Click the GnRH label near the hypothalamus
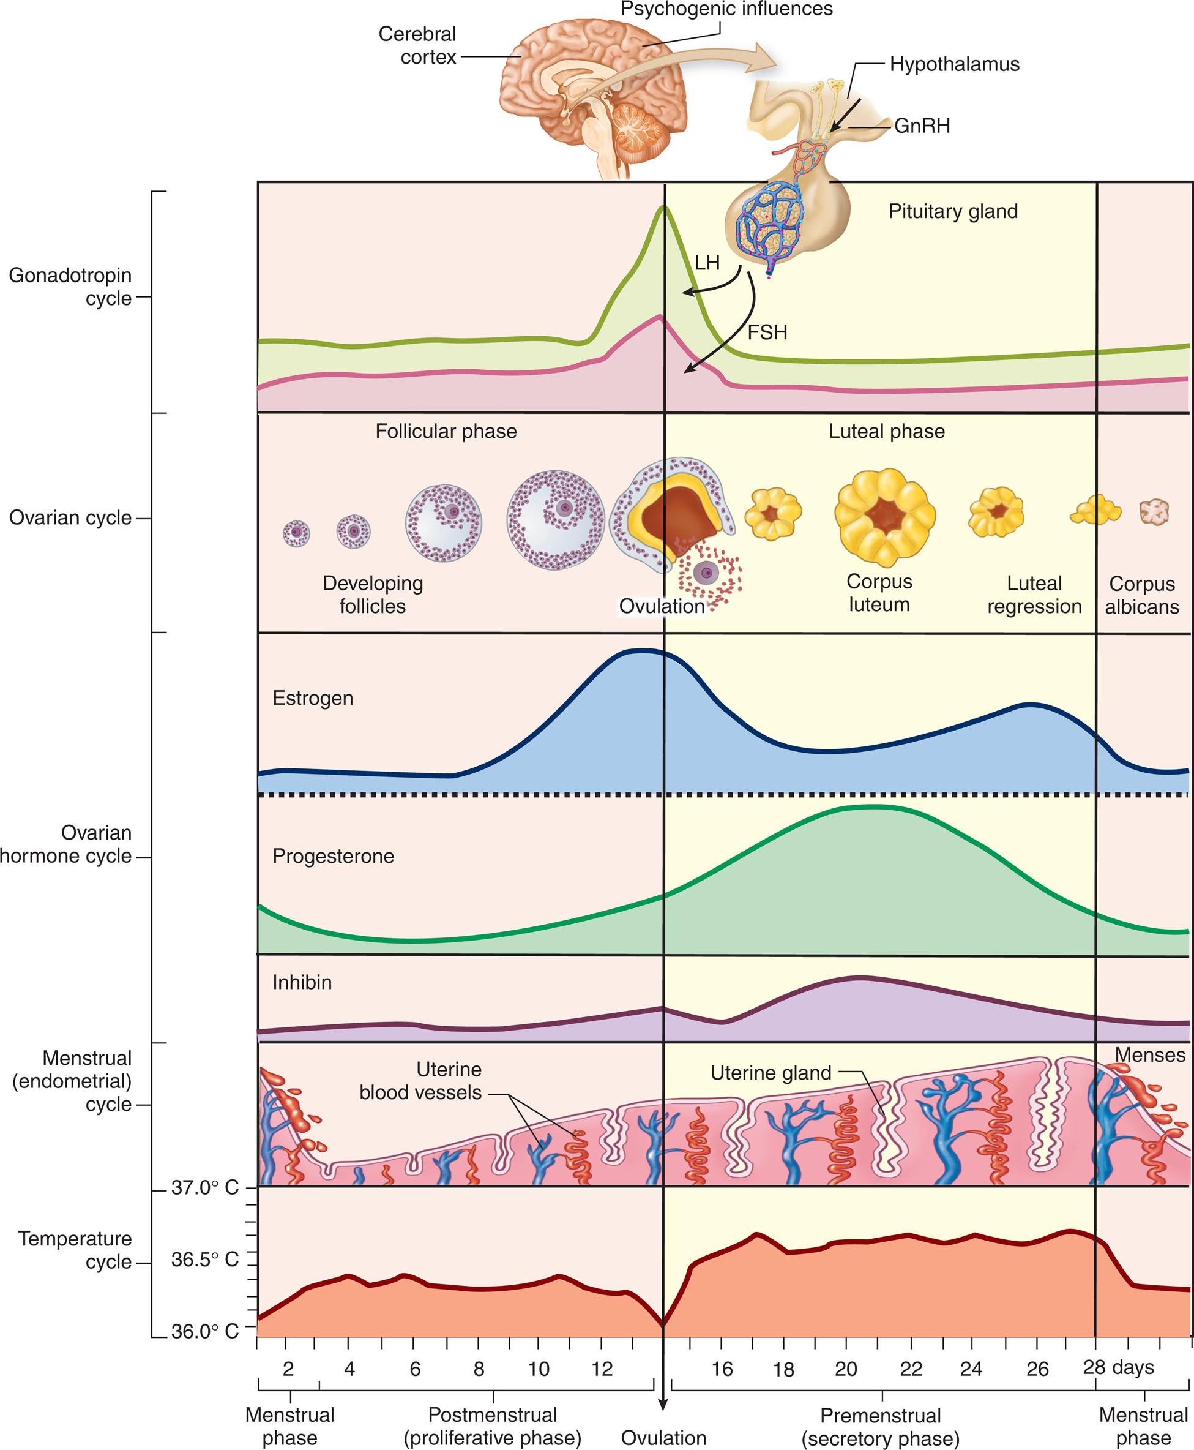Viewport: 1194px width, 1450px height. [x=922, y=126]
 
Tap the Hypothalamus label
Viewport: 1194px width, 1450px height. [x=954, y=65]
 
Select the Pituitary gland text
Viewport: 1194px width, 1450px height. [x=953, y=211]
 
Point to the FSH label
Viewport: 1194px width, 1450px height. [x=767, y=332]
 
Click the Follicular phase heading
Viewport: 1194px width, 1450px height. [x=446, y=432]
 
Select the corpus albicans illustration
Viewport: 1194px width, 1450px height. [x=1154, y=512]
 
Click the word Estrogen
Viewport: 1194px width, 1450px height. [x=313, y=698]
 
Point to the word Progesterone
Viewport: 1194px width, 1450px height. [x=333, y=856]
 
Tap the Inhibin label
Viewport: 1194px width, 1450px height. [x=302, y=982]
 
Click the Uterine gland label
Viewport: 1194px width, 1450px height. [x=771, y=1073]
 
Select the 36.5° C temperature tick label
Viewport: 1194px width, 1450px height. [x=204, y=1260]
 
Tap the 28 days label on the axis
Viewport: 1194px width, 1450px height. [x=1118, y=1367]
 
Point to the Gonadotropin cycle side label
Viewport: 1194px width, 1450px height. [x=70, y=287]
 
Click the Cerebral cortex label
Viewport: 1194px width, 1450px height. [x=418, y=45]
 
